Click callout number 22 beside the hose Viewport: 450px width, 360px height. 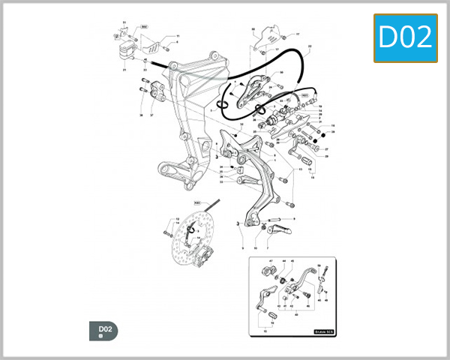coord(309,46)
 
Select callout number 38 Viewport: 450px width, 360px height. coord(141,116)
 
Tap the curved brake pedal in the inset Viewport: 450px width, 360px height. coord(304,282)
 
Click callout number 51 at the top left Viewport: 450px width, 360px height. coord(124,23)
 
